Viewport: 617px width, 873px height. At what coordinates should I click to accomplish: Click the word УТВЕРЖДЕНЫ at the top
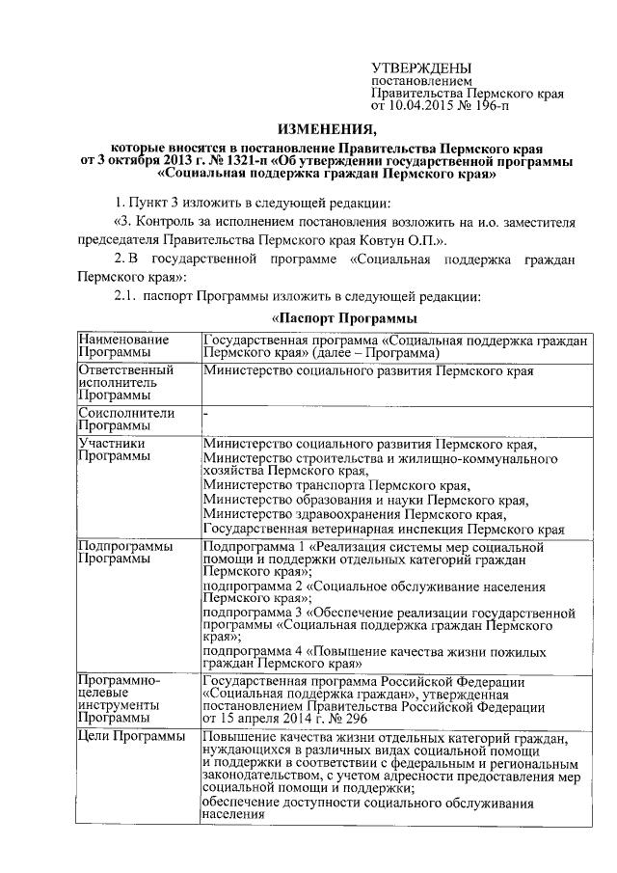(421, 68)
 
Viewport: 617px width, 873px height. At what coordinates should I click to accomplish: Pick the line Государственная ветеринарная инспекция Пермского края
(384, 530)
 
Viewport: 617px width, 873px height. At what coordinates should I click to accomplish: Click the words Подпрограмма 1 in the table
(250, 546)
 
